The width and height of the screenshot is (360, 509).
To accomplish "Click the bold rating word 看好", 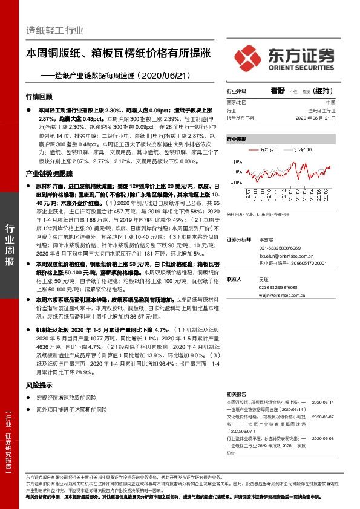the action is (278, 90).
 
